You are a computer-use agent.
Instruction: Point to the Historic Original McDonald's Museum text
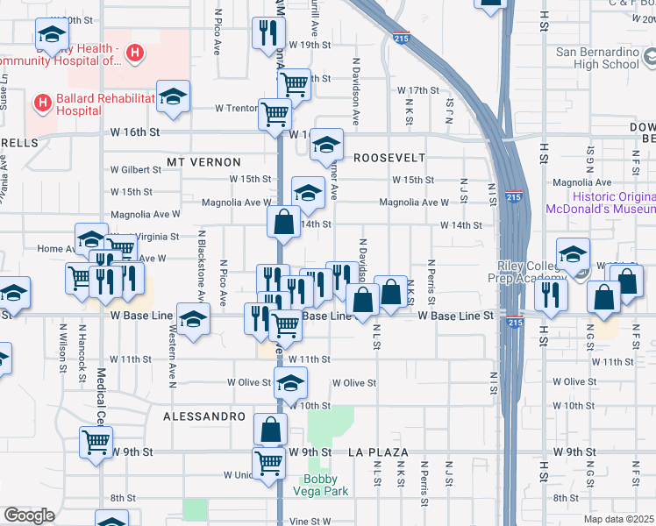tap(599, 203)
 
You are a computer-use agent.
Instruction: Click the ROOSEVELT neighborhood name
tap(389, 158)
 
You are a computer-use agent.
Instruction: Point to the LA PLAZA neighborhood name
tap(378, 452)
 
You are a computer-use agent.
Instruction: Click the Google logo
tap(29, 515)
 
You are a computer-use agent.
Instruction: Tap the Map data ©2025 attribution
tap(617, 519)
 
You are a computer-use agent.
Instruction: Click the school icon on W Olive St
tap(290, 382)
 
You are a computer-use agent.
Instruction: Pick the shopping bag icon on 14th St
tap(283, 221)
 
